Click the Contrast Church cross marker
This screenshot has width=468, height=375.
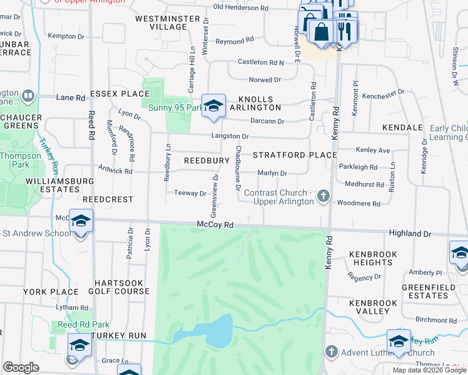coord(323,197)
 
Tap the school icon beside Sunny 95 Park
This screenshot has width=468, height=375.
coord(213,106)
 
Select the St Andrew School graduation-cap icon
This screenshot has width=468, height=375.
coord(81,221)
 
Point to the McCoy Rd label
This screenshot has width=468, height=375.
coord(215,224)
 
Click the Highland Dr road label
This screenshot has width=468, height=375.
coord(410,233)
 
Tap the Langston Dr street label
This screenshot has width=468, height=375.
coord(229,136)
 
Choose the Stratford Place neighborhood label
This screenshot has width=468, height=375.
coord(295,154)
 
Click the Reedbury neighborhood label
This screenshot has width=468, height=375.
coord(206,161)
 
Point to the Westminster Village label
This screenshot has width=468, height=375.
coord(167,23)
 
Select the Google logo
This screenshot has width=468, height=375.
coord(21,367)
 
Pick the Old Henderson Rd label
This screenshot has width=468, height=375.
coord(240,7)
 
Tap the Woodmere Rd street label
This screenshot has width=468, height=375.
coord(358,204)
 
